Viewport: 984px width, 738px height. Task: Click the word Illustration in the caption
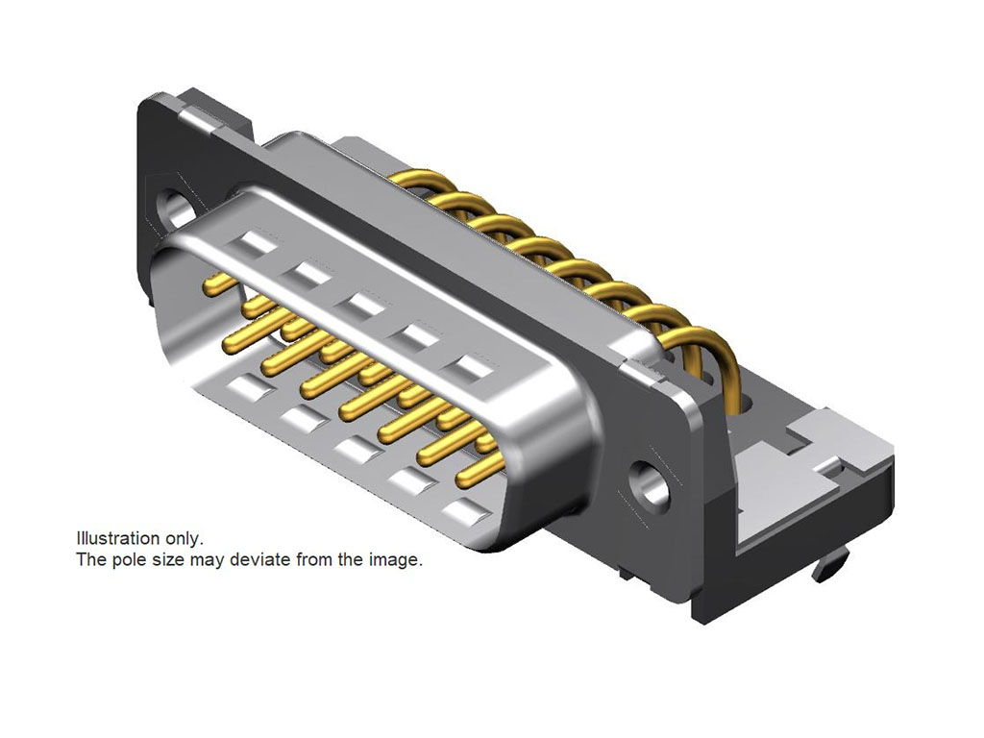point(117,538)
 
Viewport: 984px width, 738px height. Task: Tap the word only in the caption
point(184,539)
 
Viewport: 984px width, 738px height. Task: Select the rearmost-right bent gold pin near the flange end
point(709,364)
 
